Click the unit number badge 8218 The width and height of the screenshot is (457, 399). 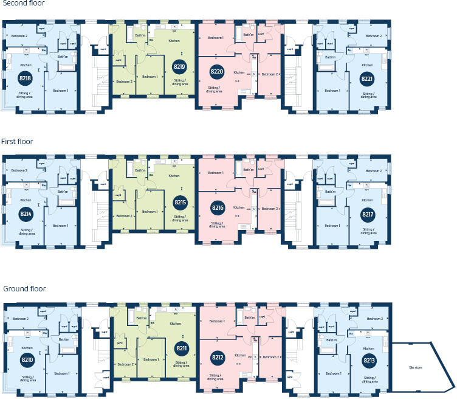tap(26, 78)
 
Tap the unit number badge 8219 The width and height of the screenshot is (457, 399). tap(179, 67)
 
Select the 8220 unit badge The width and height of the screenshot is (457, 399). tap(217, 72)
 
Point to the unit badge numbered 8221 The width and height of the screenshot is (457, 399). tap(366, 78)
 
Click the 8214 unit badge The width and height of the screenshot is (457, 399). tap(26, 214)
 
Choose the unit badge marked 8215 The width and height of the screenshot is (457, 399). tap(179, 203)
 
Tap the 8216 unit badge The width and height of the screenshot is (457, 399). tap(217, 208)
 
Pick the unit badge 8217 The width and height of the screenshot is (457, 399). tap(366, 214)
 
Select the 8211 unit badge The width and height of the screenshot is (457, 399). tap(180, 349)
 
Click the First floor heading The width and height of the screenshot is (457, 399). tap(17, 141)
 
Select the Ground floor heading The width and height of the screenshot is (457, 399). tap(24, 288)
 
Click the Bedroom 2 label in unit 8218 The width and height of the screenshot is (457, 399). tap(19, 36)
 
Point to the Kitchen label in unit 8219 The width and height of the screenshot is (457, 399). tap(174, 40)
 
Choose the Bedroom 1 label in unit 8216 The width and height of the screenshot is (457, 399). tap(216, 173)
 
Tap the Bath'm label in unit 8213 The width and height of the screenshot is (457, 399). tap(332, 340)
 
